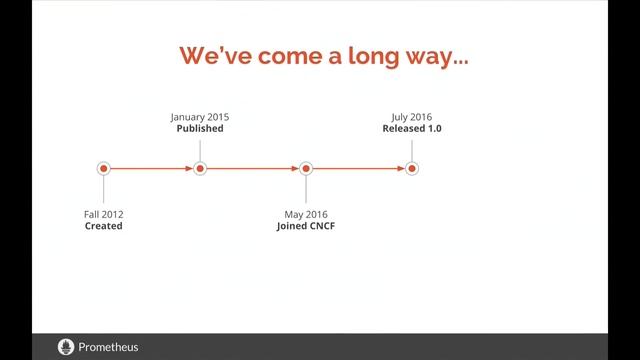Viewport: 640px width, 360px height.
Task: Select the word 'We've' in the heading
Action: point(213,55)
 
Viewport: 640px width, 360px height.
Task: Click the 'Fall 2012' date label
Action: point(103,214)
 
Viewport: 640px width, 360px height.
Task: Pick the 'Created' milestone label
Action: point(103,226)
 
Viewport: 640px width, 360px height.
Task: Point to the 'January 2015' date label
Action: point(200,117)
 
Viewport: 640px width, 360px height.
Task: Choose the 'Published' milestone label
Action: point(200,129)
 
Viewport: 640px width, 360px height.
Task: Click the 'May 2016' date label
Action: point(306,214)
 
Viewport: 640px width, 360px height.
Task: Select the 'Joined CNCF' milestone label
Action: point(306,226)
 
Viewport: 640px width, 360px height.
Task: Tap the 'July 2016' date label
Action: point(412,117)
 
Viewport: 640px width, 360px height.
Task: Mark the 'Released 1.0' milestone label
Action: point(412,129)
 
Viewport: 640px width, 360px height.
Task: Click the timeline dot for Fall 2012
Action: point(103,169)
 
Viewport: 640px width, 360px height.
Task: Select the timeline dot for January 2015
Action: point(200,169)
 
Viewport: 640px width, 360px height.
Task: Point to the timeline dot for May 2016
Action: point(306,169)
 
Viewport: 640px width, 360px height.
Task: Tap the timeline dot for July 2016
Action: point(412,169)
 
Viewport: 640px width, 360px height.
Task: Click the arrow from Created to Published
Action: point(151,169)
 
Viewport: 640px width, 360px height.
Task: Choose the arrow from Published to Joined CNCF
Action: point(253,169)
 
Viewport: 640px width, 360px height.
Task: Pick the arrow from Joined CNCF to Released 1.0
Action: point(359,169)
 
